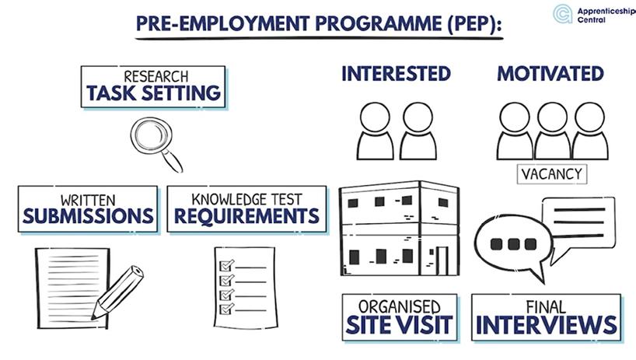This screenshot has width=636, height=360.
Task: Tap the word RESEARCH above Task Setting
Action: tap(154, 77)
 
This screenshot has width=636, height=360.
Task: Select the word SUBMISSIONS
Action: tap(88, 215)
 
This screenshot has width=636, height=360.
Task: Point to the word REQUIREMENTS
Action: tap(246, 215)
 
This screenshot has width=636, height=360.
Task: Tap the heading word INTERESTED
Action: tap(396, 74)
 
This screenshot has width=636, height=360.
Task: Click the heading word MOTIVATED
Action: tap(550, 74)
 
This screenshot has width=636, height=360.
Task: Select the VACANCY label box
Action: tap(551, 173)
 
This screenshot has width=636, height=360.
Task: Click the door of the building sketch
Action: tap(442, 260)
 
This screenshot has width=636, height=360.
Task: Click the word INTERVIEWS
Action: tap(546, 324)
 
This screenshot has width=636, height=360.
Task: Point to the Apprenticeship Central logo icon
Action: tap(563, 13)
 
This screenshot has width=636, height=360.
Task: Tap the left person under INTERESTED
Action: tap(376, 131)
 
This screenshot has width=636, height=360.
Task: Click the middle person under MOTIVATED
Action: tap(552, 131)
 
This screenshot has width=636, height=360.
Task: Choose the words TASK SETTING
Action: tap(154, 94)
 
